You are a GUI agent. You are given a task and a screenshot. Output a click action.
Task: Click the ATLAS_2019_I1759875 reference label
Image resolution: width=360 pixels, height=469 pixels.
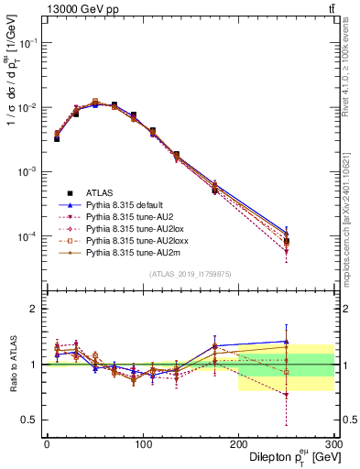[191, 274]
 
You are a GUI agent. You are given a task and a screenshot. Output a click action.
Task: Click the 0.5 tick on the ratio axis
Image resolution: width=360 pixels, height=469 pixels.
[31, 420]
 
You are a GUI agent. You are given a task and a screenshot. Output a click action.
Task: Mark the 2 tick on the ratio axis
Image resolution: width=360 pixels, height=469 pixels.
[35, 309]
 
